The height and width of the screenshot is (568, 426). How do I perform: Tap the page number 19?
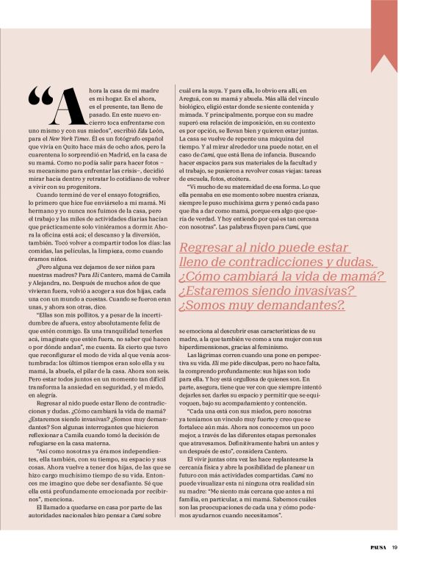pos(394,547)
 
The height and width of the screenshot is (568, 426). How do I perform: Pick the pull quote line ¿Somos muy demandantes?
pos(262,304)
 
